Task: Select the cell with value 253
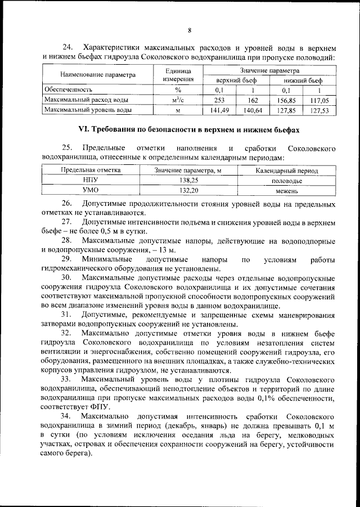point(220,100)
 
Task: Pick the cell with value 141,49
point(220,110)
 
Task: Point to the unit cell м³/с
point(178,100)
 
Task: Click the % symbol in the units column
point(178,90)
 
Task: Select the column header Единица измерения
point(178,75)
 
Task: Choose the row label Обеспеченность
point(68,90)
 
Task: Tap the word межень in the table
point(286,191)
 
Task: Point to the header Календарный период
point(286,171)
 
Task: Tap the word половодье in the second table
point(286,181)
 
